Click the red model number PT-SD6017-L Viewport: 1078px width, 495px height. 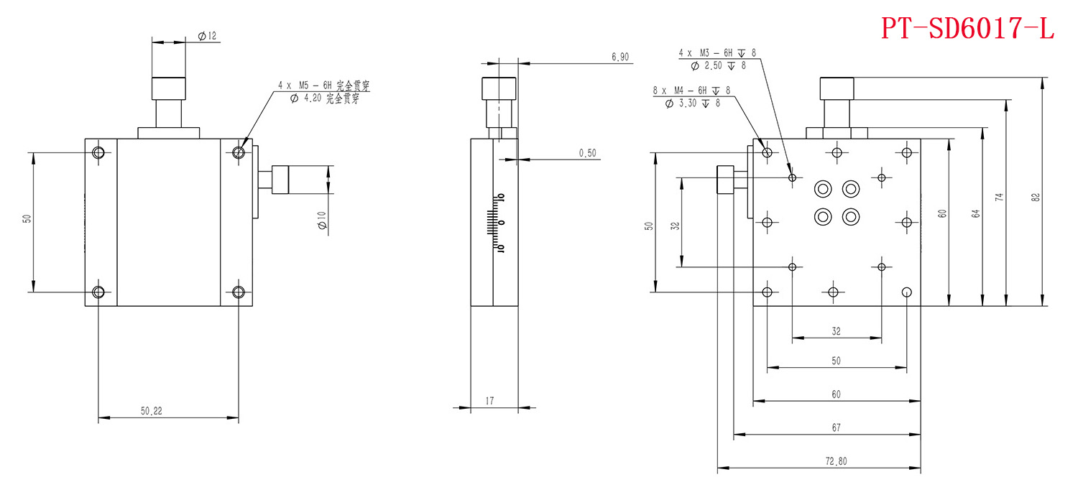point(967,28)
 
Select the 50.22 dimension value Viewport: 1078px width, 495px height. point(152,411)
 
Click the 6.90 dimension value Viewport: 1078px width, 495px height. point(619,57)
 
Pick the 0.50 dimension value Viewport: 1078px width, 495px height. point(587,153)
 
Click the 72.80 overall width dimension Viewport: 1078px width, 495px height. point(835,461)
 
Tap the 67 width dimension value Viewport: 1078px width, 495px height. point(836,427)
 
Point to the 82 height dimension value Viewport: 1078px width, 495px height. point(1035,197)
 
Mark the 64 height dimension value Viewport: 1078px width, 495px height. point(975,213)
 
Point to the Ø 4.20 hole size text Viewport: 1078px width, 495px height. point(324,99)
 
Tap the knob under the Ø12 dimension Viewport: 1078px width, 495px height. point(168,88)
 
